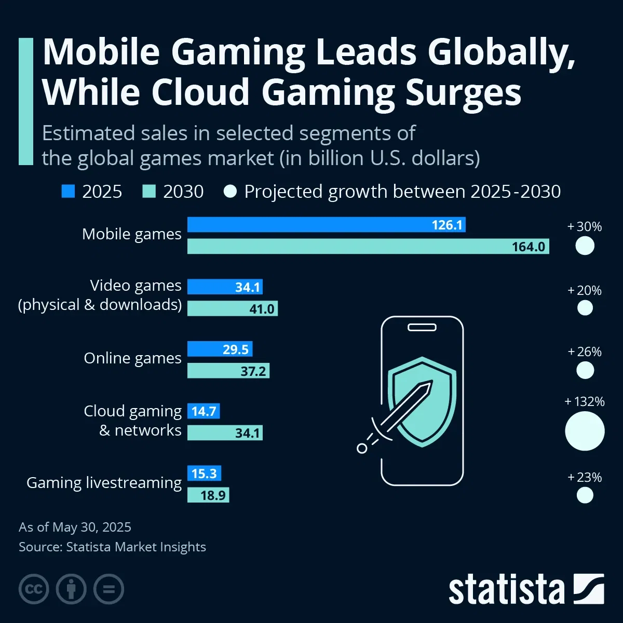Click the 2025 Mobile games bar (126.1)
[326, 225]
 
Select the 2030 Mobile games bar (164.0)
[368, 246]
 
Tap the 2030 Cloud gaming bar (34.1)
[225, 432]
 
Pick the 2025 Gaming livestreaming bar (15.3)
[204, 473]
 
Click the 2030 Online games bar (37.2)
[228, 371]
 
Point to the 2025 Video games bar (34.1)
[225, 287]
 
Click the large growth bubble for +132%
[585, 431]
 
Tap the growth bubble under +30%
[585, 246]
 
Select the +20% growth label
[585, 290]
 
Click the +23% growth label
[585, 477]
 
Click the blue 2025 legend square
[68, 192]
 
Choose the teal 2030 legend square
[149, 192]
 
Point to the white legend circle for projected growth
[230, 192]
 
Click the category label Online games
[132, 358]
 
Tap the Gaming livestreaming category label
[104, 483]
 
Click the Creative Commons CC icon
[34, 589]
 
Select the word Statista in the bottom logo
[506, 590]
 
